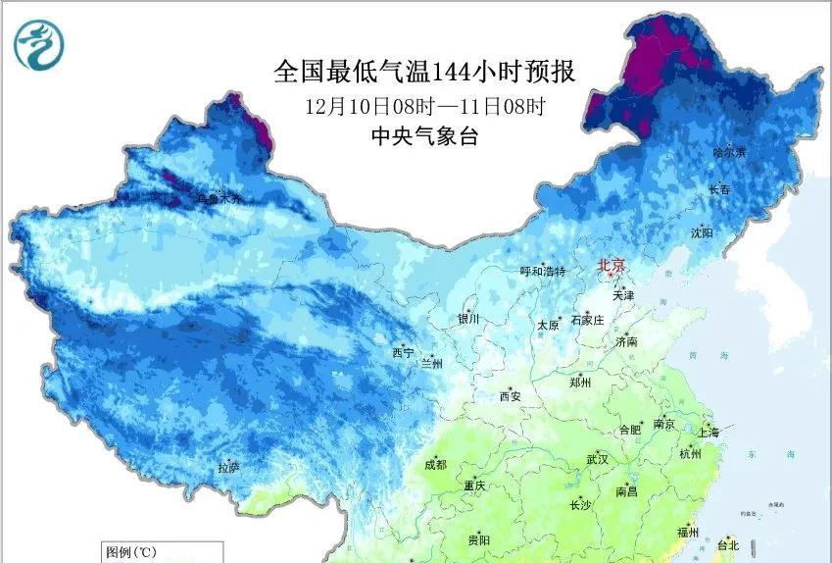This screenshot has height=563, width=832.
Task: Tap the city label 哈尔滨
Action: [x=729, y=152]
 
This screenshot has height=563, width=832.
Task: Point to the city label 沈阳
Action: [x=702, y=232]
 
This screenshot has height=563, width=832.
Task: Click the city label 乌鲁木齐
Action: [x=217, y=199]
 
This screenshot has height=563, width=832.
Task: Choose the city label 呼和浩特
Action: [x=542, y=272]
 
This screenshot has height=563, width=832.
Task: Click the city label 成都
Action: [x=435, y=465]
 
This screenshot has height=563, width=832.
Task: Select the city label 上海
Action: [x=709, y=433]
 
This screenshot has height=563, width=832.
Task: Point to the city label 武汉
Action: [x=597, y=459]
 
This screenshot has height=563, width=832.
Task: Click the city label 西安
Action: [x=511, y=396]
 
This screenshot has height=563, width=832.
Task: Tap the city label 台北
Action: [x=728, y=544]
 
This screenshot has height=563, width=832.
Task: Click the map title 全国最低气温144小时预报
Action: [x=423, y=72]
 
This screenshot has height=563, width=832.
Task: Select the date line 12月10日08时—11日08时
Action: [x=423, y=105]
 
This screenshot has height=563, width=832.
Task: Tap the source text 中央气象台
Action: [x=423, y=136]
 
